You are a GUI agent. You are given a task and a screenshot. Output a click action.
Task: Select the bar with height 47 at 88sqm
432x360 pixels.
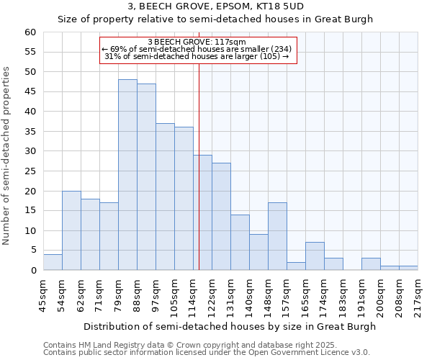pos(146,177)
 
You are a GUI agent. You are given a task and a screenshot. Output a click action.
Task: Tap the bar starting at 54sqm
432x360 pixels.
pos(71,230)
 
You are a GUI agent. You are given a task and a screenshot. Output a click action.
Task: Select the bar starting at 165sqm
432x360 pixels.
pos(315,256)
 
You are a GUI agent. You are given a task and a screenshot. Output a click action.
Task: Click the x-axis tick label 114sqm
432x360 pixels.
pos(193,293)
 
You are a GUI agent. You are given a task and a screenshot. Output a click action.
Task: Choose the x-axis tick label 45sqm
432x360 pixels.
pos(43,293)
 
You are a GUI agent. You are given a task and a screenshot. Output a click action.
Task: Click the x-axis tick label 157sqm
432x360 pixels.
pos(287,293)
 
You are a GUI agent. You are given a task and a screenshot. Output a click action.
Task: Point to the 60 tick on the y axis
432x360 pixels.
pos(30,32)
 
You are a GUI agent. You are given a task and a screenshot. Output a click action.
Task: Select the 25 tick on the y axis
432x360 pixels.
pos(30,171)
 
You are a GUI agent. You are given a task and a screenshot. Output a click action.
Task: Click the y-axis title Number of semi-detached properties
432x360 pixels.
pos(7,156)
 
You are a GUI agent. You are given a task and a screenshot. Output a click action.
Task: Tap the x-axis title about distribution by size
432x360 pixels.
pos(230,326)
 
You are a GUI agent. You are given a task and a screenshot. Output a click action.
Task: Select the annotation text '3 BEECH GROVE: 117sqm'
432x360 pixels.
pos(197,42)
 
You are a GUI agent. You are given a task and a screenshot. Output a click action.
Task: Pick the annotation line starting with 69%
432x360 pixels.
pos(197,49)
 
